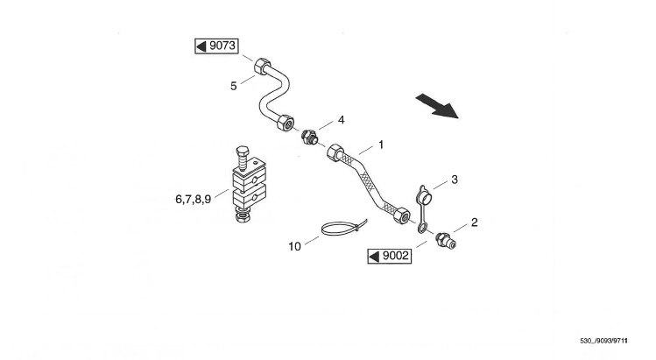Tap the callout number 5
234,86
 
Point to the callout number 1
381,142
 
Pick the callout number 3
454,180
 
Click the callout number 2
474,222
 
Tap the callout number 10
295,246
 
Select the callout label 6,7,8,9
193,200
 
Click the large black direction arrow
437,107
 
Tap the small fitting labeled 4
310,137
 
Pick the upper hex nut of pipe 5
263,67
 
